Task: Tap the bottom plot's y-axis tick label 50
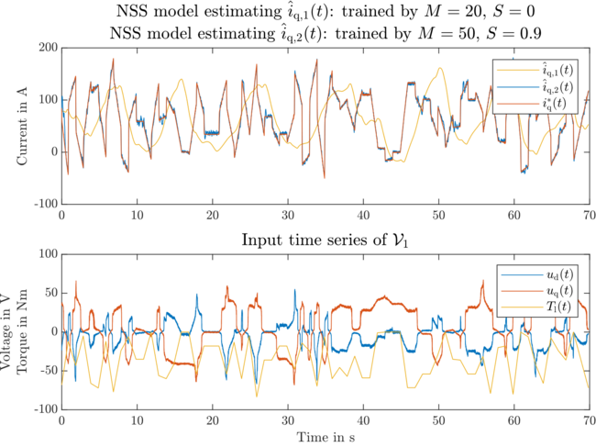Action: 49,293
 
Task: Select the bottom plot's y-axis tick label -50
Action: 45,370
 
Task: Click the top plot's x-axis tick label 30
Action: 288,215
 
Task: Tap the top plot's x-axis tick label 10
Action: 137,215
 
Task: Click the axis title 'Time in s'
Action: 326,435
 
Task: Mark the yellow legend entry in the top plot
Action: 546,70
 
